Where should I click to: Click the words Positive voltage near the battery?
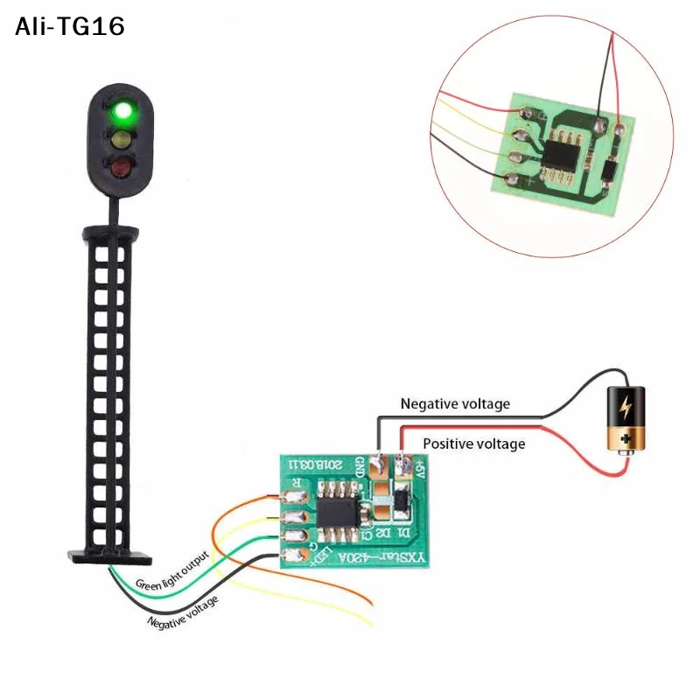pos(473,444)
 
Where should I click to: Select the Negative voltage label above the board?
pos(455,404)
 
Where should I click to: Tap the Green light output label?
pos(172,572)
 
